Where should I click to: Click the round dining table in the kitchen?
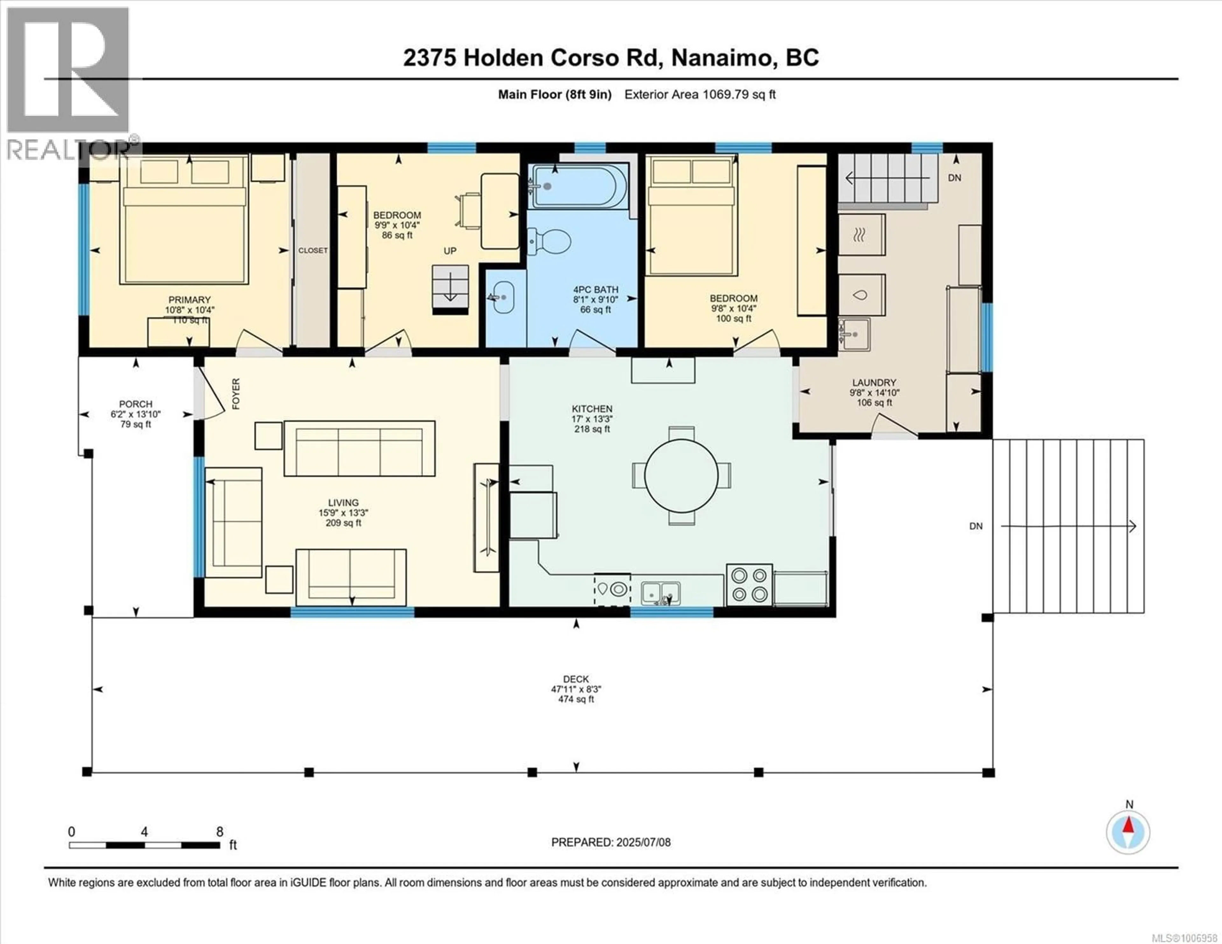tap(681, 476)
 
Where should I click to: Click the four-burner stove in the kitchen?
tap(749, 585)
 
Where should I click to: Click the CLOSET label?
tap(313, 250)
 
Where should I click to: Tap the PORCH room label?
tap(135, 403)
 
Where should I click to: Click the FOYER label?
tap(235, 393)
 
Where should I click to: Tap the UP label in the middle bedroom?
tap(450, 251)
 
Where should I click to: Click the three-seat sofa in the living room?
tap(359, 449)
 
